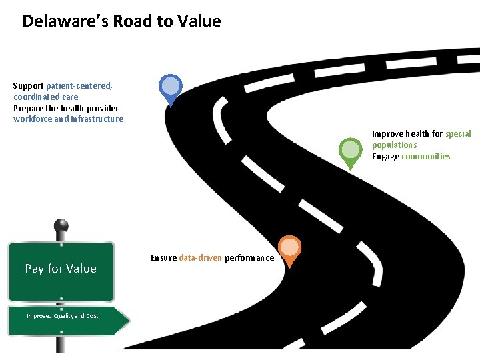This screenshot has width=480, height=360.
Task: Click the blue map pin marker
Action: coord(171,87)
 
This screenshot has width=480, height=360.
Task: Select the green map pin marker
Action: coord(350,151)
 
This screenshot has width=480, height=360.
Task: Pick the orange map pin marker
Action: coord(289,249)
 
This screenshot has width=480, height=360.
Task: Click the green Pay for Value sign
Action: coord(61,269)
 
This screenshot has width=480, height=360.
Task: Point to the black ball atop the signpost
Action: coord(61,226)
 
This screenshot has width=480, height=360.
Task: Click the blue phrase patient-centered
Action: coord(79,86)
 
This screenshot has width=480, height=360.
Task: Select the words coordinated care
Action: coord(45,97)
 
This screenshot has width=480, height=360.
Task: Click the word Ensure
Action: coord(163,258)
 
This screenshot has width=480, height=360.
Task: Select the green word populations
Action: coord(395,145)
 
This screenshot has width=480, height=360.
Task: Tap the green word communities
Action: coord(426,157)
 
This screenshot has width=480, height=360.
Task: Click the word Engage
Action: coord(386,157)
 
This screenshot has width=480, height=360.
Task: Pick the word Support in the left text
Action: coord(28,86)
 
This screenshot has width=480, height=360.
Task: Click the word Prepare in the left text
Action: coord(29,108)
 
